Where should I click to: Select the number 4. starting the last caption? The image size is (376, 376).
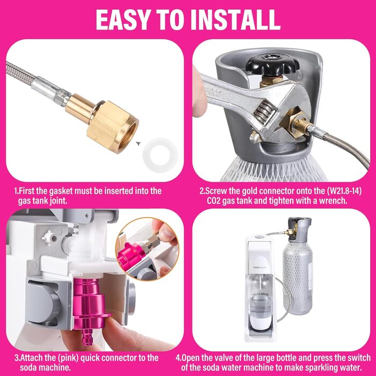coord(200,358)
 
